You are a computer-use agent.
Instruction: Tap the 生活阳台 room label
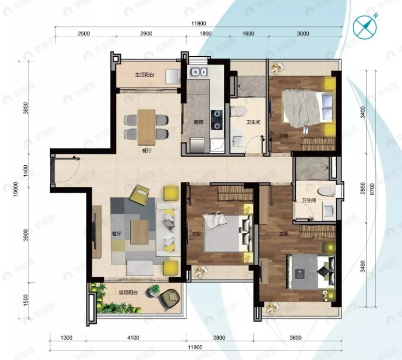[145, 75]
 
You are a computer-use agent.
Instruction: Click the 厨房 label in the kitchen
[198, 122]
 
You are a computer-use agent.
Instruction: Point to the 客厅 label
[116, 234]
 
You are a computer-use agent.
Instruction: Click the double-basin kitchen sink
[199, 71]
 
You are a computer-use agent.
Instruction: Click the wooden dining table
[146, 127]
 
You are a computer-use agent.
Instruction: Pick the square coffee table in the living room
[140, 228]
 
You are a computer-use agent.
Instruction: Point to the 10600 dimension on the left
[16, 189]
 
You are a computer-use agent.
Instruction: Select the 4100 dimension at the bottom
[134, 337]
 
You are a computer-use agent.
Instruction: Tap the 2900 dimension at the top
[147, 34]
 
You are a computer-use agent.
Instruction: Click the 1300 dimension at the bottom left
[66, 337]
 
